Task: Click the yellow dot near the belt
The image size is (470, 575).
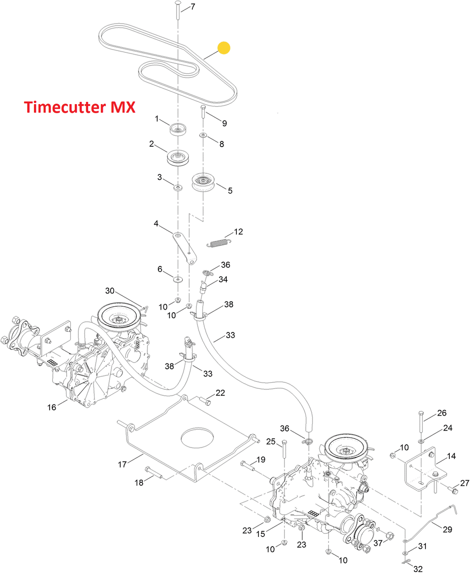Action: point(224,48)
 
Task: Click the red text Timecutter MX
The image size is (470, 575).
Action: point(79,107)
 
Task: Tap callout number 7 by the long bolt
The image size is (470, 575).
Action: point(192,7)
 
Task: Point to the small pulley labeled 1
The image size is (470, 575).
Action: point(177,129)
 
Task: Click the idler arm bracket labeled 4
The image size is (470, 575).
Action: point(185,248)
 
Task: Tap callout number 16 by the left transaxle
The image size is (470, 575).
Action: point(51,407)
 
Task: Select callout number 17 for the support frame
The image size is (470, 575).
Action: point(122,464)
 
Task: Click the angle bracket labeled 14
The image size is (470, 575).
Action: point(422,470)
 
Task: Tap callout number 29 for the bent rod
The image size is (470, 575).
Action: point(447,529)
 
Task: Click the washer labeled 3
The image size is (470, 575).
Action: point(177,187)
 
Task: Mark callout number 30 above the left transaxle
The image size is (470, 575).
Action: point(110,291)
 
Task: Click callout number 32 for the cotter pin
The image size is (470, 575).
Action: point(418,569)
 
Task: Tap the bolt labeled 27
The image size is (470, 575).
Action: point(453,491)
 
